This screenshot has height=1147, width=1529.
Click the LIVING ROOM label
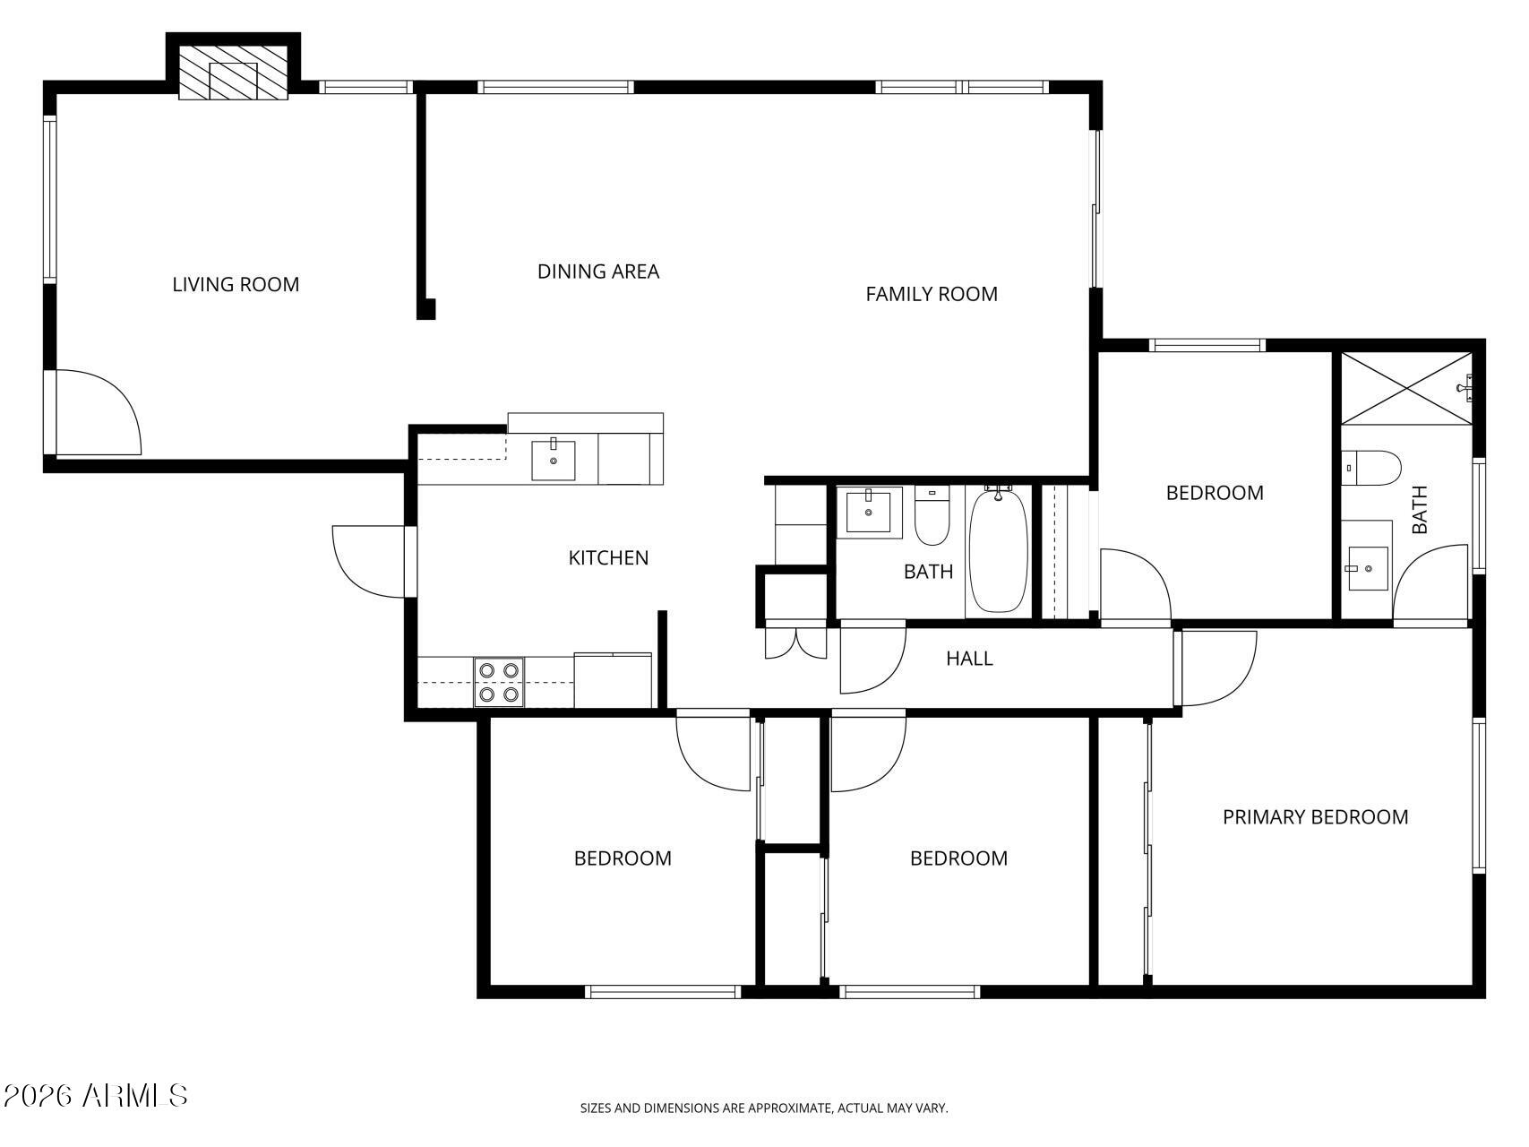(x=236, y=285)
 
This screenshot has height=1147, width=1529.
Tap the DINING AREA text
(x=598, y=272)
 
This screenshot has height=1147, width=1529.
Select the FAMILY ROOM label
(x=932, y=294)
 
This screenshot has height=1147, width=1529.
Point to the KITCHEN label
(x=608, y=558)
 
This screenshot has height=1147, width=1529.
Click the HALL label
(x=969, y=659)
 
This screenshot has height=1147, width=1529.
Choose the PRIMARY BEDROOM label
(x=1315, y=817)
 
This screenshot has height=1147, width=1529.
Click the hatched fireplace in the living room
(x=233, y=72)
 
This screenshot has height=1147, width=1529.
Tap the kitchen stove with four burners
(x=499, y=682)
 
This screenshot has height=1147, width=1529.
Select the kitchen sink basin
(x=554, y=460)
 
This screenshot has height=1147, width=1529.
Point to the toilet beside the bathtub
(x=932, y=516)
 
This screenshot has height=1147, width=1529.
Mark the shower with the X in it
(x=1406, y=387)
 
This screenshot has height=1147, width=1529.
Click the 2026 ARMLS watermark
(x=96, y=1095)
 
